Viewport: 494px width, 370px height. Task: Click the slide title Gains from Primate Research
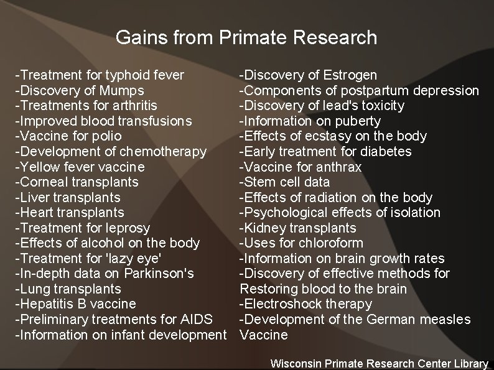[x=246, y=37]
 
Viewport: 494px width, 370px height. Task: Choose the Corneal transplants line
[x=77, y=182]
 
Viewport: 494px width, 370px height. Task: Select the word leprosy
[x=129, y=228]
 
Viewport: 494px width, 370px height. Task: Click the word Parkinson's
[x=161, y=274]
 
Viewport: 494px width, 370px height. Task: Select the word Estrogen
[x=350, y=75]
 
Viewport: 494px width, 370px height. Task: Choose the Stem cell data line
[x=285, y=182]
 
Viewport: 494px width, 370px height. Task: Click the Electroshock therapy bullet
[x=305, y=304]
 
